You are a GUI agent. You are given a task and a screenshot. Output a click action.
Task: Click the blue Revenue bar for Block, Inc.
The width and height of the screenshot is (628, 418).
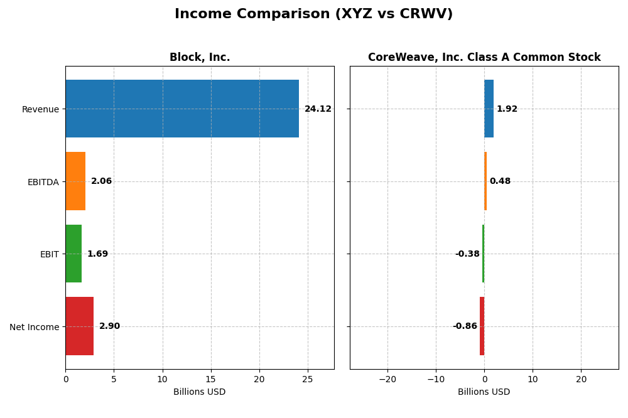pyautogui.click(x=182, y=109)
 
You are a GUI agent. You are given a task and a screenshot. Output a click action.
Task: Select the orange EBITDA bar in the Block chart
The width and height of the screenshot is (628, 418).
pyautogui.click(x=75, y=181)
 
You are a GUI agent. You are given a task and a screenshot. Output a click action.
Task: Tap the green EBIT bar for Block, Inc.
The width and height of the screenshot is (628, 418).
pyautogui.click(x=73, y=254)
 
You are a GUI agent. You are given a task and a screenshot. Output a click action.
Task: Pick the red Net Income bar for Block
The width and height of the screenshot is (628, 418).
pyautogui.click(x=79, y=326)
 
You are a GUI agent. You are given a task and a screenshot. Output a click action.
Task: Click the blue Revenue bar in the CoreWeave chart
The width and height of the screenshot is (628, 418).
pyautogui.click(x=489, y=109)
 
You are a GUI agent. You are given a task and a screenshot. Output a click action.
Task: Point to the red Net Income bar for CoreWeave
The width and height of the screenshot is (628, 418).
pyautogui.click(x=482, y=326)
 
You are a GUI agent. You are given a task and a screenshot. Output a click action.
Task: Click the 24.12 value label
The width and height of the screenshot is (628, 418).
pyautogui.click(x=318, y=109)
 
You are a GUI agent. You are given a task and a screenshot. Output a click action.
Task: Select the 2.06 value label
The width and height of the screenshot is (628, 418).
pyautogui.click(x=101, y=181)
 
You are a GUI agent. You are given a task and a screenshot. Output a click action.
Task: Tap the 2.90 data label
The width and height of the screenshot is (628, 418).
pyautogui.click(x=109, y=326)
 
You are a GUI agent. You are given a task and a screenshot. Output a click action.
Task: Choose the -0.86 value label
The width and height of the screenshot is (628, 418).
pyautogui.click(x=465, y=326)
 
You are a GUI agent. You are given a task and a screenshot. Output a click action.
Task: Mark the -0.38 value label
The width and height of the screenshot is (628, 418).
pyautogui.click(x=467, y=254)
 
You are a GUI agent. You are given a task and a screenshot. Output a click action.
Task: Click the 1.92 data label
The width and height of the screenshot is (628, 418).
pyautogui.click(x=507, y=109)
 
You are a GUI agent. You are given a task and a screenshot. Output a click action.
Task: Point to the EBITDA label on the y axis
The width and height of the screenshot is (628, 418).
pyautogui.click(x=43, y=182)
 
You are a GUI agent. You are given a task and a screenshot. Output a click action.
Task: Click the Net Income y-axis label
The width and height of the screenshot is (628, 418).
pyautogui.click(x=34, y=327)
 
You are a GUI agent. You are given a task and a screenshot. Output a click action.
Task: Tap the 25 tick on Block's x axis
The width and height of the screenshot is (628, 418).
pyautogui.click(x=308, y=379)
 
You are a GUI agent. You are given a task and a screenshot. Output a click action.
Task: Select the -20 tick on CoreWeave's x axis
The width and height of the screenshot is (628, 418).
pyautogui.click(x=387, y=379)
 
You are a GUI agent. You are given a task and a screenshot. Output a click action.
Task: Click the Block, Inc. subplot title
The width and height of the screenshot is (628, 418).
pyautogui.click(x=200, y=58)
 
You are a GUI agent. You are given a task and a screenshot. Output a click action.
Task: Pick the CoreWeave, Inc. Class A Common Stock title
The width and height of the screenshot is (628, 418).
pyautogui.click(x=484, y=58)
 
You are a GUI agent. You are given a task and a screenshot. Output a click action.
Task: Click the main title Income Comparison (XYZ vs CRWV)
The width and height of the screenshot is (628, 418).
pyautogui.click(x=313, y=14)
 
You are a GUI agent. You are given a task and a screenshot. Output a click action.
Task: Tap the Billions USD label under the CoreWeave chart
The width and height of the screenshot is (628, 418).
pyautogui.click(x=484, y=392)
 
